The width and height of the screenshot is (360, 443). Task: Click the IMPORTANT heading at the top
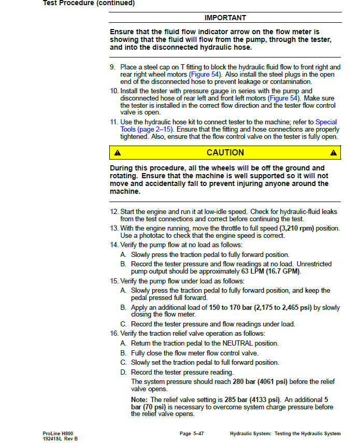225,18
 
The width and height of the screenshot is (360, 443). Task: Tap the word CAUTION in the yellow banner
225,152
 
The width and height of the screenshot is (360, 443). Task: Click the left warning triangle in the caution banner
118,153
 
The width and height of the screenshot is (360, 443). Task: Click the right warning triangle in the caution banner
333,153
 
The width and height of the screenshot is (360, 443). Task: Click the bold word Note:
139,399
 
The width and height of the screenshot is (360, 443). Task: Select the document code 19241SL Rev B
60,439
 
